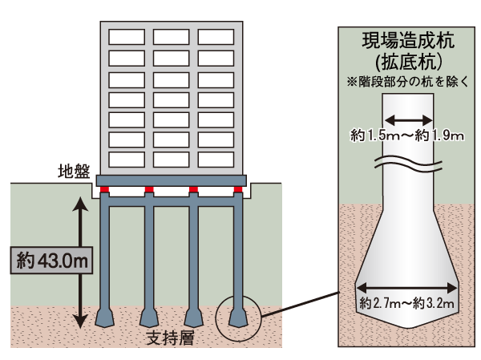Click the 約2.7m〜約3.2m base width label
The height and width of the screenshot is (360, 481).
(407, 303)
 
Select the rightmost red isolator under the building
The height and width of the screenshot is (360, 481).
(238, 191)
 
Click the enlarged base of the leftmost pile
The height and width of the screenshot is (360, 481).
(105, 316)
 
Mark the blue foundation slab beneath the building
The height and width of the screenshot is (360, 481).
(172, 180)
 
